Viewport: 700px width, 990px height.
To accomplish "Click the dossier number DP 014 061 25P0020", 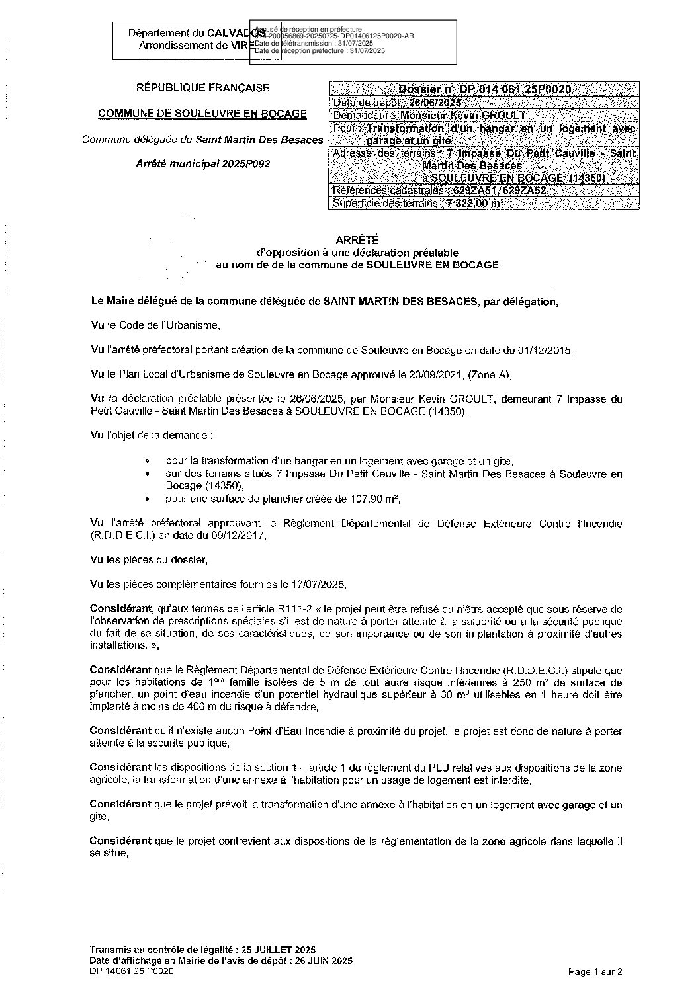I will coord(485,90).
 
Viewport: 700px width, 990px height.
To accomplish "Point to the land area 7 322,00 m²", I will coord(474,204).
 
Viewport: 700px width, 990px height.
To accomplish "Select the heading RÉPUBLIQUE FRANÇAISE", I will coord(202,87).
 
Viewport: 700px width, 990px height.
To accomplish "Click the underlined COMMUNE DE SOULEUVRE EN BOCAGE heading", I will coord(202,114).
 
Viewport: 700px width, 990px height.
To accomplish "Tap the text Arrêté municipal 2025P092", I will coord(202,164).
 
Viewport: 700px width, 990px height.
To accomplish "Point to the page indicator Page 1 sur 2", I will coord(595,971).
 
